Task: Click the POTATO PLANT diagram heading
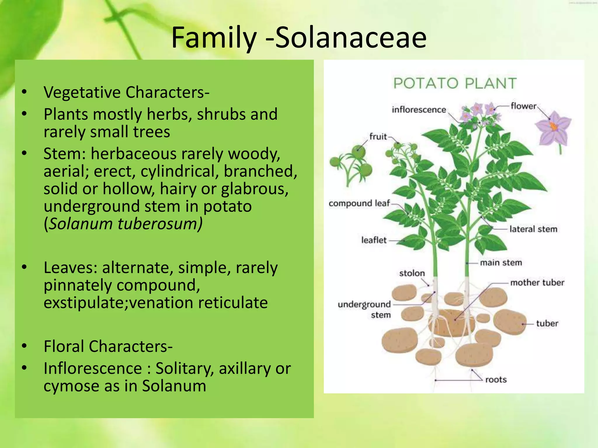coord(455,83)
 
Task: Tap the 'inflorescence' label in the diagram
coord(419,110)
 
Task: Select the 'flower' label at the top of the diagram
coord(523,106)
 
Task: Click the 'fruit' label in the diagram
coord(378,136)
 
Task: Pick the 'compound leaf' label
coord(359,203)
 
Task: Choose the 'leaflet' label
coord(374,240)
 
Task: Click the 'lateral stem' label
coord(533,229)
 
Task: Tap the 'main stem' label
coord(501,263)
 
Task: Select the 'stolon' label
coord(412,273)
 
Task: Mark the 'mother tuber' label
coord(537,283)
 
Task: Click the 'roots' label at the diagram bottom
coord(496,380)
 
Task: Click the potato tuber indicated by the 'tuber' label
coord(510,322)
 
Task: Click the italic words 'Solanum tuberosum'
coord(125,224)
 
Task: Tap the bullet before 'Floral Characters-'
coord(24,346)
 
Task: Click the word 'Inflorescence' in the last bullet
coord(93,368)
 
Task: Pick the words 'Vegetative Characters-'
coord(126,92)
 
